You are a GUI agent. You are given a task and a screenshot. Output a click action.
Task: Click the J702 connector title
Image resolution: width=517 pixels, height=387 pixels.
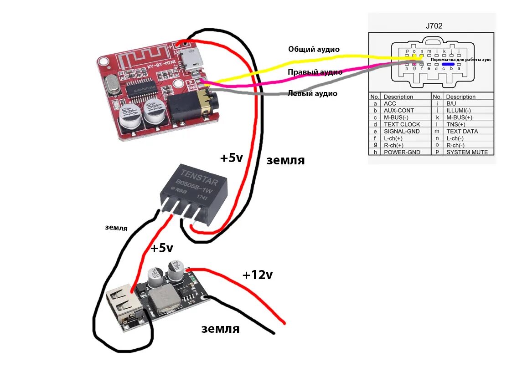pyautogui.click(x=434, y=26)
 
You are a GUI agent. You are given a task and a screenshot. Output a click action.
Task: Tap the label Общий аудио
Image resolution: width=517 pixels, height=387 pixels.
pyautogui.click(x=314, y=49)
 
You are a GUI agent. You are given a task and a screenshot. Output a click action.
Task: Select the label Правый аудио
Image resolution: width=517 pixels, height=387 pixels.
pyautogui.click(x=315, y=72)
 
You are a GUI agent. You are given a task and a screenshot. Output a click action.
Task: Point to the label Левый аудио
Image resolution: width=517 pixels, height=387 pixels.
pyautogui.click(x=312, y=93)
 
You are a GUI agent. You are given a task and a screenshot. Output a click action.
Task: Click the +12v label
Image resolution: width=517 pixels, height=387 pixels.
pyautogui.click(x=257, y=275)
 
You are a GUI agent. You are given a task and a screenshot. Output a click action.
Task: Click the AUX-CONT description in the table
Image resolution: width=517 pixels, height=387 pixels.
pyautogui.click(x=399, y=111)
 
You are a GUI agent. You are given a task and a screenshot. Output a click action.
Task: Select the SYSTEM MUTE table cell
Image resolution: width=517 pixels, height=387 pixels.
pyautogui.click(x=466, y=152)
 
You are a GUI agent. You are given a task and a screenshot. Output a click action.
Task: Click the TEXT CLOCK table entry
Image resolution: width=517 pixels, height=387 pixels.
pyautogui.click(x=402, y=124)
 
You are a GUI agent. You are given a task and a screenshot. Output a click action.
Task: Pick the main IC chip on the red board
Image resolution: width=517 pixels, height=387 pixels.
pyautogui.click(x=142, y=87)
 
